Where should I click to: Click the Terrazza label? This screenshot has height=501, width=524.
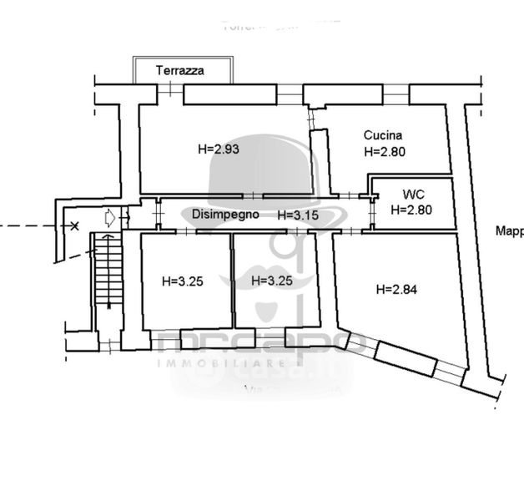179,72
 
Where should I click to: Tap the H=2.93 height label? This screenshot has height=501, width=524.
219,149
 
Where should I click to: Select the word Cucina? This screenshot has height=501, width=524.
383,135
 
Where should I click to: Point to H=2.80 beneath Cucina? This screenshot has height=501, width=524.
385,152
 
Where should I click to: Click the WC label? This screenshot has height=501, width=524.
411,194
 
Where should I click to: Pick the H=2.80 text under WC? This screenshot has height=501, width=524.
411,210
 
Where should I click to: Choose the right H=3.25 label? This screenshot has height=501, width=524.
272,281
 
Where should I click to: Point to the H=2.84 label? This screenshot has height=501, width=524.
396,290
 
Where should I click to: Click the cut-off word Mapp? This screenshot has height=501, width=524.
509,231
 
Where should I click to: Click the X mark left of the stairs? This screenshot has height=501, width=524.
75,225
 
